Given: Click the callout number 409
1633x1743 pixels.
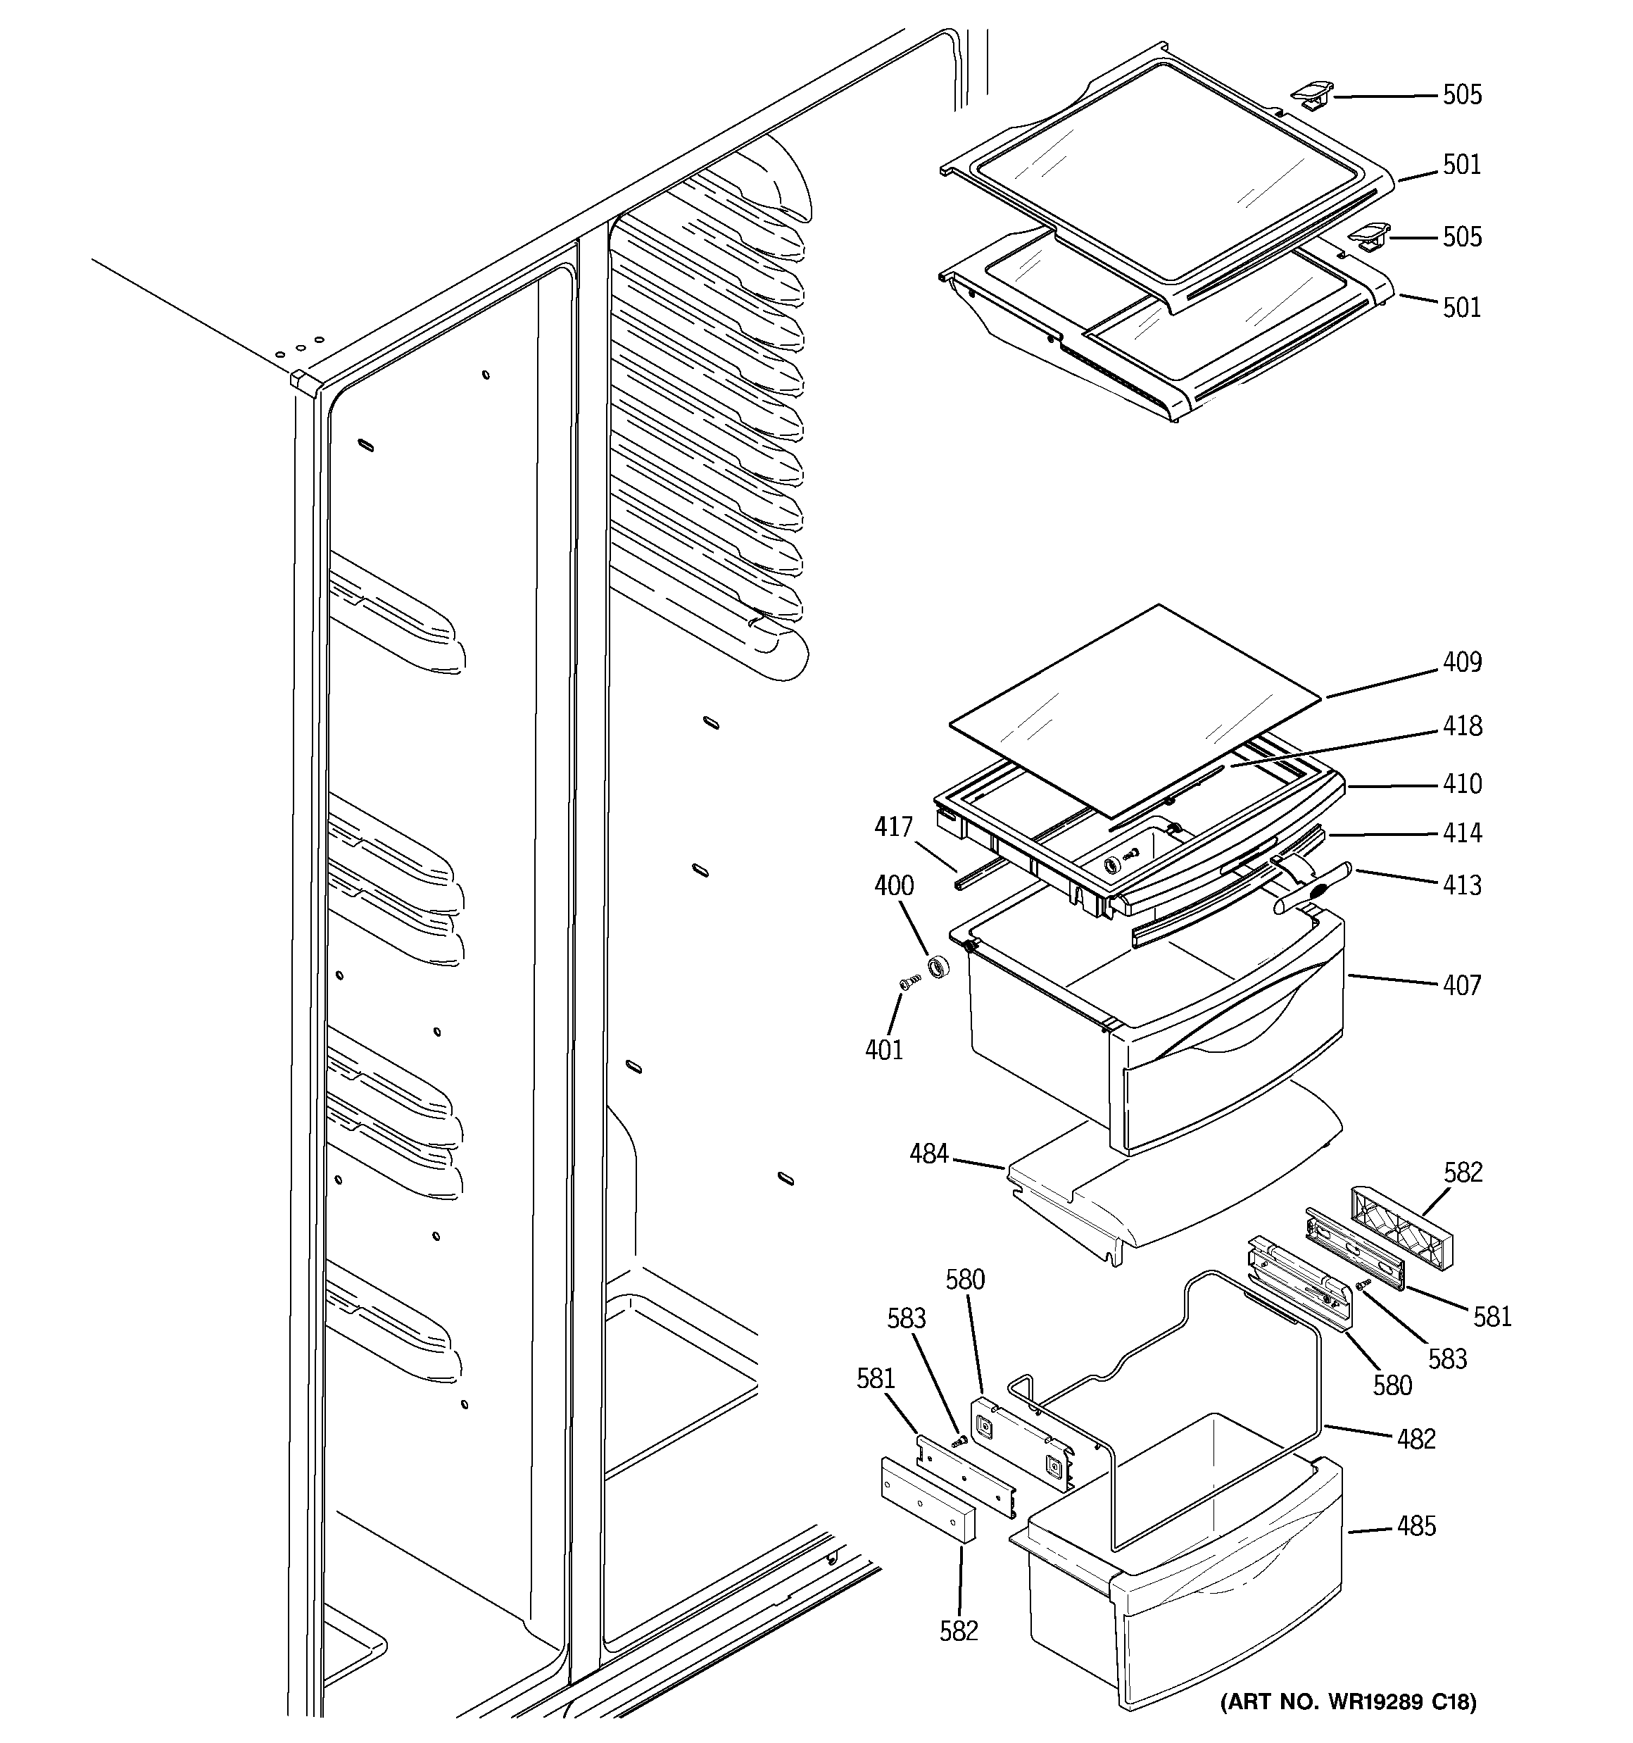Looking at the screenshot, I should (1462, 663).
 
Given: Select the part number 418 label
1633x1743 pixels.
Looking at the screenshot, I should (1462, 727).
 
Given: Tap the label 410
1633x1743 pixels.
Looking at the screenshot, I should (1462, 784).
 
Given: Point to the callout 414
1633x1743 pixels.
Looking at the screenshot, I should (1462, 833).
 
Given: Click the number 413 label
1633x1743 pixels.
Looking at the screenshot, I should (1462, 885).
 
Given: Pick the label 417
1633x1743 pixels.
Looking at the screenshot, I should (893, 827).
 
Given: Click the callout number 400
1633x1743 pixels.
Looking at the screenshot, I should (893, 885).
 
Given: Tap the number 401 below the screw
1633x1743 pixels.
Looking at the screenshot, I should (883, 1049).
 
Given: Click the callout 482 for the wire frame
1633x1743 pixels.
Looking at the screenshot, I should (1416, 1439).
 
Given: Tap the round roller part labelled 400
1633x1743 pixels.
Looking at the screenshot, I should (940, 967).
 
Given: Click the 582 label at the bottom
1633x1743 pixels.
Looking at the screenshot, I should (958, 1631).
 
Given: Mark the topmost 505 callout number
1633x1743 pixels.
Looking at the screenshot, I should (1462, 94).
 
